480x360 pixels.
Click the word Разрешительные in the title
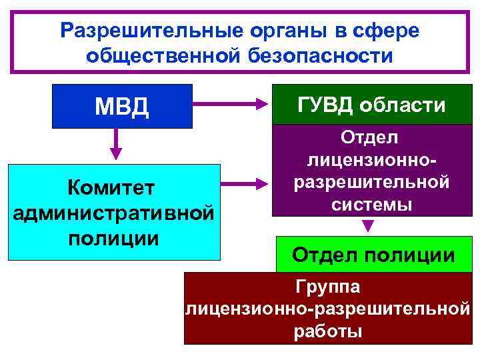pyautogui.click(x=137, y=30)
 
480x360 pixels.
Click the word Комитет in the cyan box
pyautogui.click(x=114, y=189)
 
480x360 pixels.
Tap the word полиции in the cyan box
pyautogui.click(x=114, y=238)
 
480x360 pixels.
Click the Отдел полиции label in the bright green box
pyautogui.click(x=373, y=255)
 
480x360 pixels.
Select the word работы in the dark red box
pyautogui.click(x=327, y=331)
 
